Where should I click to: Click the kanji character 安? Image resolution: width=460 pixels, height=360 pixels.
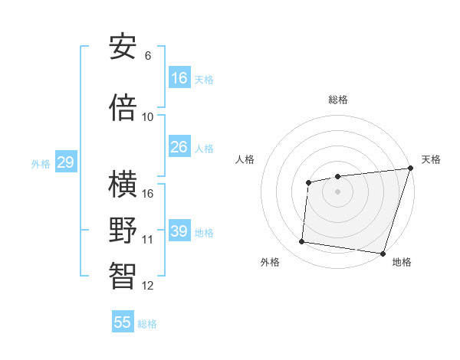pyautogui.click(x=123, y=47)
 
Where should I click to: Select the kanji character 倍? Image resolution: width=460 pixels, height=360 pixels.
pyautogui.click(x=123, y=108)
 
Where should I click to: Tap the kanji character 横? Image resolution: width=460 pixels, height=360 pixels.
pyautogui.click(x=123, y=185)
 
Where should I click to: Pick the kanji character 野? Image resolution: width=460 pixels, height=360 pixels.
pyautogui.click(x=123, y=231)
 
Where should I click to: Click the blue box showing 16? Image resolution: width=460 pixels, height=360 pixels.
pyautogui.click(x=179, y=78)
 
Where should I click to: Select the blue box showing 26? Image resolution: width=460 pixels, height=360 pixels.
pyautogui.click(x=179, y=147)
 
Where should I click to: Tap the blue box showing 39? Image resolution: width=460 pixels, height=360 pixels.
pyautogui.click(x=179, y=231)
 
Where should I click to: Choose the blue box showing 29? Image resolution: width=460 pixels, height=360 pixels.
pyautogui.click(x=65, y=162)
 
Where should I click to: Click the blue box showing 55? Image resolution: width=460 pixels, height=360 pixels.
pyautogui.click(x=123, y=322)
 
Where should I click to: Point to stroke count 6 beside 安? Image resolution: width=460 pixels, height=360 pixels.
pyautogui.click(x=148, y=56)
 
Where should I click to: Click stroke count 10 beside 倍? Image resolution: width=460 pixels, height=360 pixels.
pyautogui.click(x=148, y=117)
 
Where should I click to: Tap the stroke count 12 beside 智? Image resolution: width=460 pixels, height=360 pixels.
pyautogui.click(x=148, y=286)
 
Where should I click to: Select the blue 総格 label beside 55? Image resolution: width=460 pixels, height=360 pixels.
pyautogui.click(x=147, y=324)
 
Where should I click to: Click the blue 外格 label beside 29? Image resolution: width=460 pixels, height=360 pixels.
pyautogui.click(x=41, y=164)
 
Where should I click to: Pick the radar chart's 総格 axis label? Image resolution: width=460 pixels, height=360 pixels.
pyautogui.click(x=337, y=100)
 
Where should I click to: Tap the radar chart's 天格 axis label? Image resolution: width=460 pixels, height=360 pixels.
pyautogui.click(x=431, y=159)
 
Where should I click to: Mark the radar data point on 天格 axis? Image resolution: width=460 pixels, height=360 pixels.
pyautogui.click(x=410, y=169)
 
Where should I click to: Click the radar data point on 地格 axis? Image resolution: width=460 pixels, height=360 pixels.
pyautogui.click(x=383, y=253)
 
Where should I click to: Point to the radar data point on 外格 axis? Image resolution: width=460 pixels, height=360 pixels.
pyautogui.click(x=302, y=242)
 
